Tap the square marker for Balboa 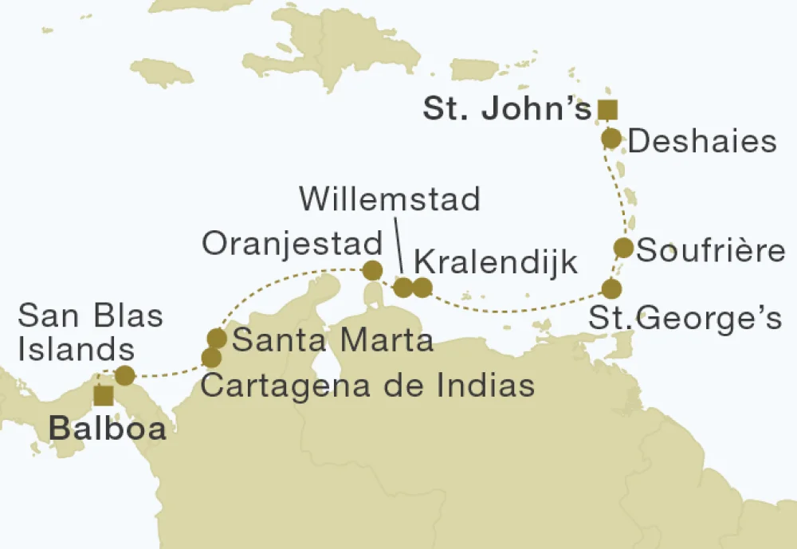(102, 395)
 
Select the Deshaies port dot (611, 139)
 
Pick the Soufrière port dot (623, 248)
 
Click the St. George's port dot (611, 288)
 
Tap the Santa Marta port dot (216, 338)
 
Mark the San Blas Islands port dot (124, 375)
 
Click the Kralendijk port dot (422, 287)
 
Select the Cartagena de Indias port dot (211, 358)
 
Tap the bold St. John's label (507, 110)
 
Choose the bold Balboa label (108, 429)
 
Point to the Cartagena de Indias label (366, 386)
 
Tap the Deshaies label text (702, 142)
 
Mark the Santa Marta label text (332, 341)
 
